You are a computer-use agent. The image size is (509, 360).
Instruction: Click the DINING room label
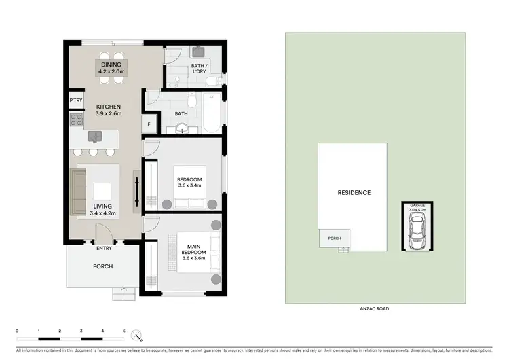tap(111, 65)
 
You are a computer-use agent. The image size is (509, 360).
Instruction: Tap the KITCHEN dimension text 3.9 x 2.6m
tap(108, 115)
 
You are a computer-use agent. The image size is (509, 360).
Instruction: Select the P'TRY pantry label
tap(75, 102)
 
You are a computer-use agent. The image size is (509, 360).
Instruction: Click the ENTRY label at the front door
tap(105, 248)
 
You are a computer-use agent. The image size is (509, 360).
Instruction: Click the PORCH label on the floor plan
tap(102, 266)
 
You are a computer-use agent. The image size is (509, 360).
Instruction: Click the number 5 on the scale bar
tap(124, 330)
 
